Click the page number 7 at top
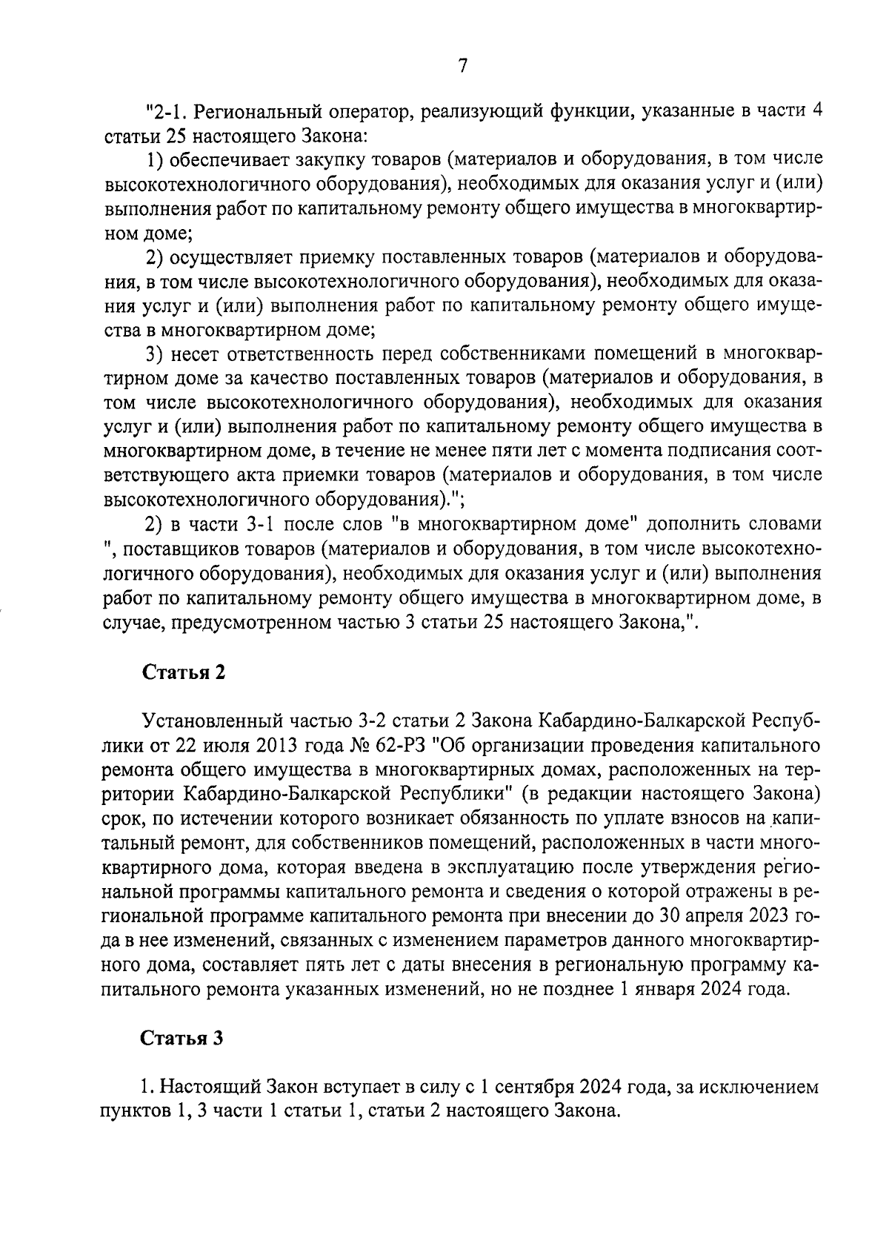(462, 66)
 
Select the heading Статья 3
(183, 1038)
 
